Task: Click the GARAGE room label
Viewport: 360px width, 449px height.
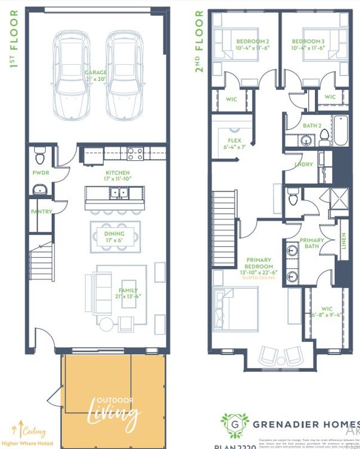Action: point(96,73)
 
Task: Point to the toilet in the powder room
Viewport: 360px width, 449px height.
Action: point(39,154)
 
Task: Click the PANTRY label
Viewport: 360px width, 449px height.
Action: point(42,212)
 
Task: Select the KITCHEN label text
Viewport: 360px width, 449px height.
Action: point(117,173)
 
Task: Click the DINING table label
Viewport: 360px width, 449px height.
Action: point(115,234)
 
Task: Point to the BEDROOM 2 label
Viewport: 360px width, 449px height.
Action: point(253,42)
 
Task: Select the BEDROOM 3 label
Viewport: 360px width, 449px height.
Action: point(308,42)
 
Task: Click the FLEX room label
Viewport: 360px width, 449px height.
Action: point(235,141)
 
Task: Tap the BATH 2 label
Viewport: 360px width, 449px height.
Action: point(312,125)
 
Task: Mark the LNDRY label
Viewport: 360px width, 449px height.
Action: point(304,165)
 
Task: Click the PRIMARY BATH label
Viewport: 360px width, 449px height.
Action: point(311,243)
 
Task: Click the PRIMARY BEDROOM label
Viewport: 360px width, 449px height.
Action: point(259,263)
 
